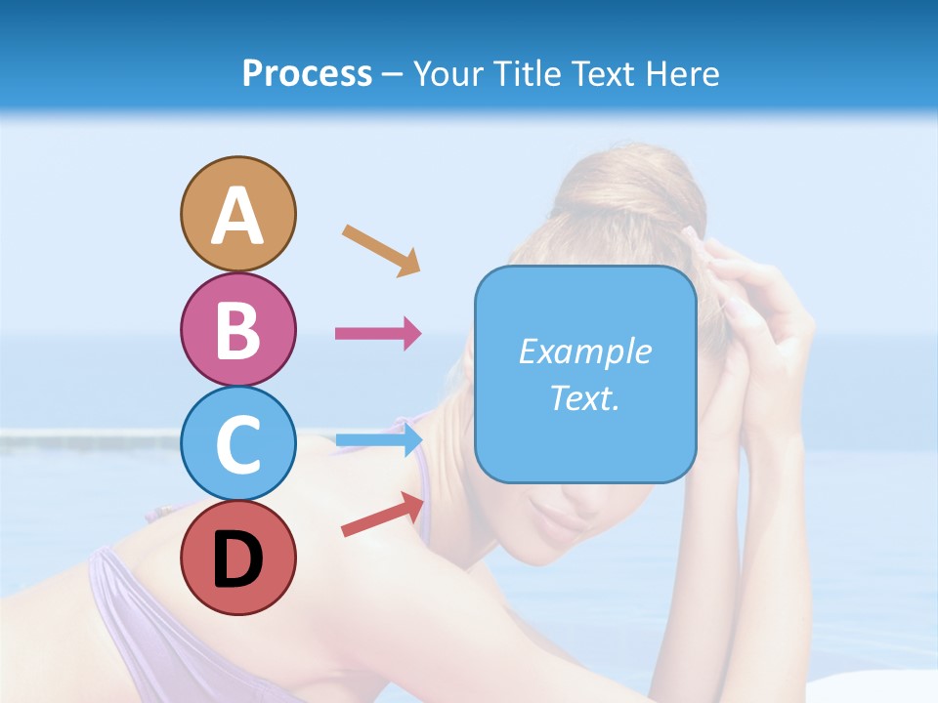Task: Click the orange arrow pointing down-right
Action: [x=381, y=249]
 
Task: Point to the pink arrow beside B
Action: [x=378, y=333]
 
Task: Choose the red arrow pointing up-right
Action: [x=383, y=515]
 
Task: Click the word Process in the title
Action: [x=307, y=73]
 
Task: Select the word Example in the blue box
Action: [x=584, y=351]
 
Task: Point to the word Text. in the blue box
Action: [x=584, y=397]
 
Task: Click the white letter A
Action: [x=237, y=216]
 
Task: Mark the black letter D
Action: [x=237, y=559]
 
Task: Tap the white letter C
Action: [x=237, y=444]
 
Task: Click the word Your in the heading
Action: [x=448, y=73]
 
